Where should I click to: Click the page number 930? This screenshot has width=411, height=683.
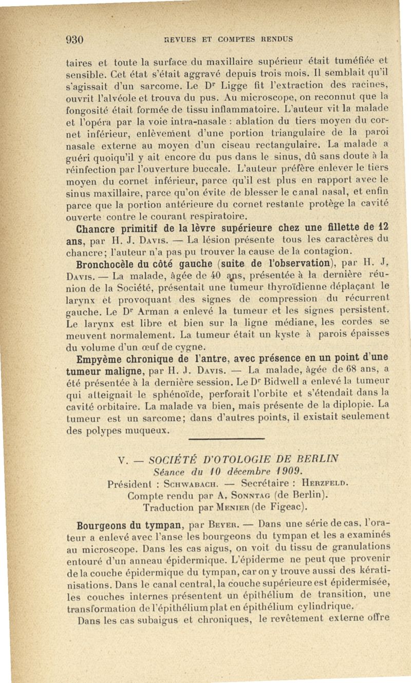pos(74,39)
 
